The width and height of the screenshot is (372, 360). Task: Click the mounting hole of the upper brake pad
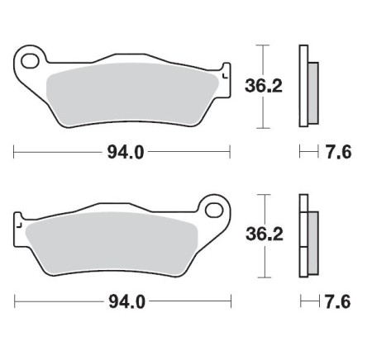[x=33, y=59]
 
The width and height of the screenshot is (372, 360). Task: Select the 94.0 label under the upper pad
[x=122, y=153]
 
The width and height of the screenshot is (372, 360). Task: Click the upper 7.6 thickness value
[x=336, y=153]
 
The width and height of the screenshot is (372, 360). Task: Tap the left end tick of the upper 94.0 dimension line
[x=14, y=153]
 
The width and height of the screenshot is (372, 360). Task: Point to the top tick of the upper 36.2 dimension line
[x=263, y=46]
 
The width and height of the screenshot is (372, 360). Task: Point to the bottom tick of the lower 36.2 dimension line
[x=263, y=277]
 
